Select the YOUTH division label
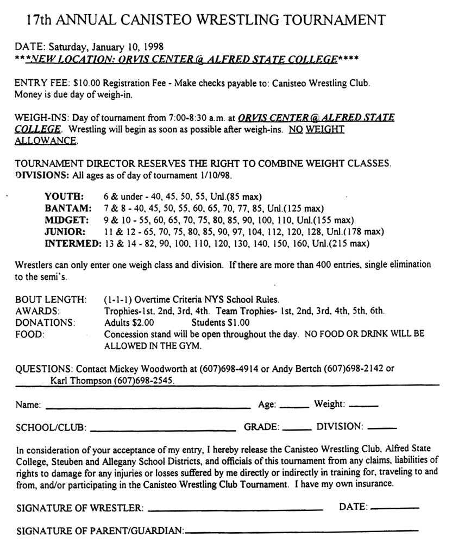(x=64, y=197)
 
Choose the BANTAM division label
(x=67, y=208)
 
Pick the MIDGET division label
(x=66, y=220)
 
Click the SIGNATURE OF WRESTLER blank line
(x=235, y=510)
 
